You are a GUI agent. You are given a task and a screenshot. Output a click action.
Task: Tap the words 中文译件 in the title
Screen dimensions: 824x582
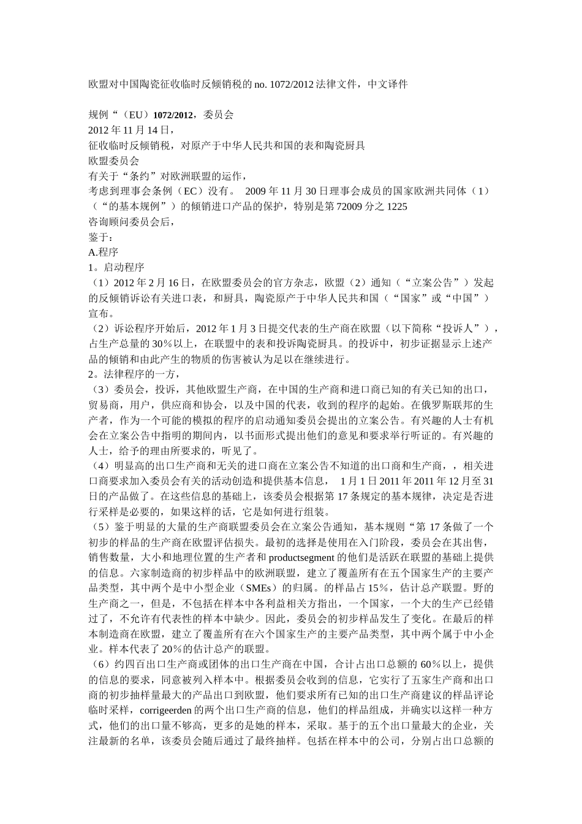pyautogui.click(x=387, y=84)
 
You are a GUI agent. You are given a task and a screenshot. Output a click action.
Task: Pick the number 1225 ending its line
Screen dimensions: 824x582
pyautogui.click(x=397, y=207)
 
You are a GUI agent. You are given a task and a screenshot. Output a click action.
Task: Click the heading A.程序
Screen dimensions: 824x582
pyautogui.click(x=104, y=253)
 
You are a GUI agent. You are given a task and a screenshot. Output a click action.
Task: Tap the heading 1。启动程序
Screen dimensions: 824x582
pyautogui.click(x=116, y=268)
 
